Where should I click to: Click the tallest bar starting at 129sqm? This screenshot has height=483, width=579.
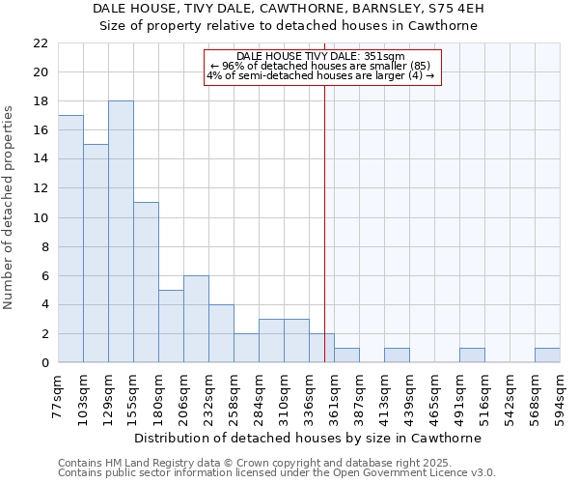point(121,232)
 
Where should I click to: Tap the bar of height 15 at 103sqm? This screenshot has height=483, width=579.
point(96,253)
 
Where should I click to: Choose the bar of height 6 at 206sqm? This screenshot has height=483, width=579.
point(196,319)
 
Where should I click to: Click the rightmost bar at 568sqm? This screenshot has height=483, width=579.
point(547,355)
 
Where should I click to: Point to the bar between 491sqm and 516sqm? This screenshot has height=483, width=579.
point(472,355)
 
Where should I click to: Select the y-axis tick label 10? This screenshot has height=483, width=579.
point(40,218)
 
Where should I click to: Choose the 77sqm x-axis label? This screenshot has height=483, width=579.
point(59,394)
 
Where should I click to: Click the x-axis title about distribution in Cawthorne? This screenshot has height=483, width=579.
point(308,438)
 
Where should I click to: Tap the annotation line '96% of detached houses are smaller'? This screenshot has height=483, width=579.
point(322,66)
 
